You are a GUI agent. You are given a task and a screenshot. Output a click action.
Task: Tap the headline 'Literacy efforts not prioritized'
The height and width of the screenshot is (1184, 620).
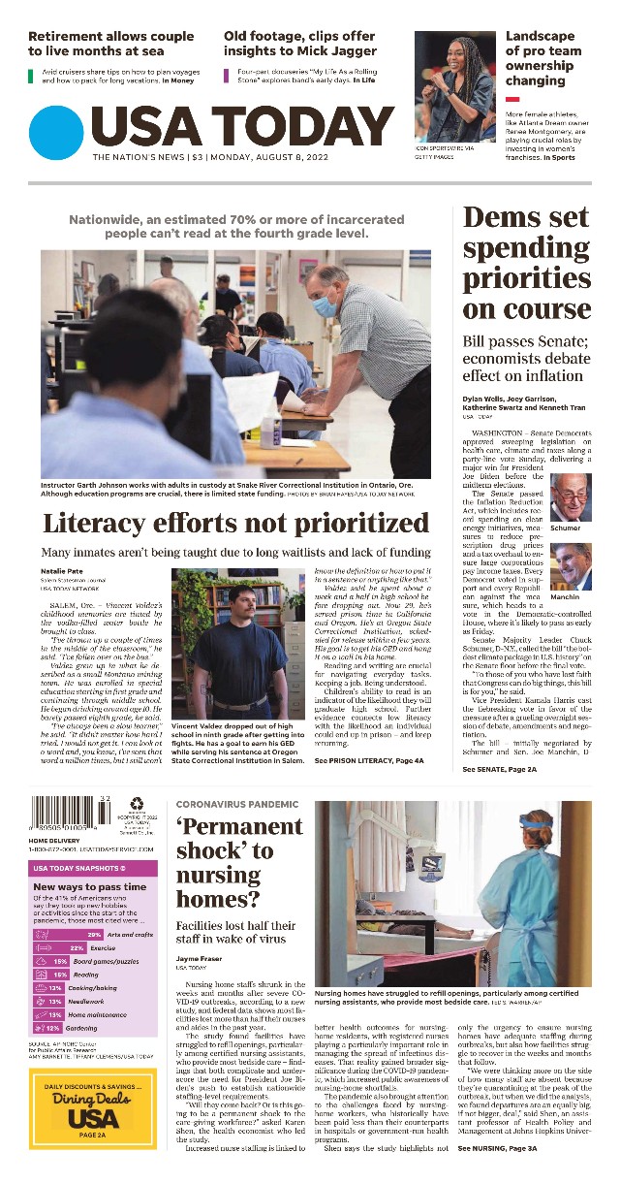[235, 523]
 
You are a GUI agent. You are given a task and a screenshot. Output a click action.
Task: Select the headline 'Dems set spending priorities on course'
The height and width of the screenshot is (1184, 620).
[526, 263]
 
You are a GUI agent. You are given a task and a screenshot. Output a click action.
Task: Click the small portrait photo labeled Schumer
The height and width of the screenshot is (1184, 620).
[570, 497]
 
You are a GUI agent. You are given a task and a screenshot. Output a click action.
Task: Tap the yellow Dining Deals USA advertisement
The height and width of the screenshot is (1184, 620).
[93, 1108]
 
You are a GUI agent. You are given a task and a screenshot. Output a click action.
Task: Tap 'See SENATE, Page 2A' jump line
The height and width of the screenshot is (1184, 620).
[499, 769]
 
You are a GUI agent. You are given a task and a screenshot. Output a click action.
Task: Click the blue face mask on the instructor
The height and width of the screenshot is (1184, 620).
[325, 305]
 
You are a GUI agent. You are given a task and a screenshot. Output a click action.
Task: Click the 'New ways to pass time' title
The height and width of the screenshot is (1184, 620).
[90, 886]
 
